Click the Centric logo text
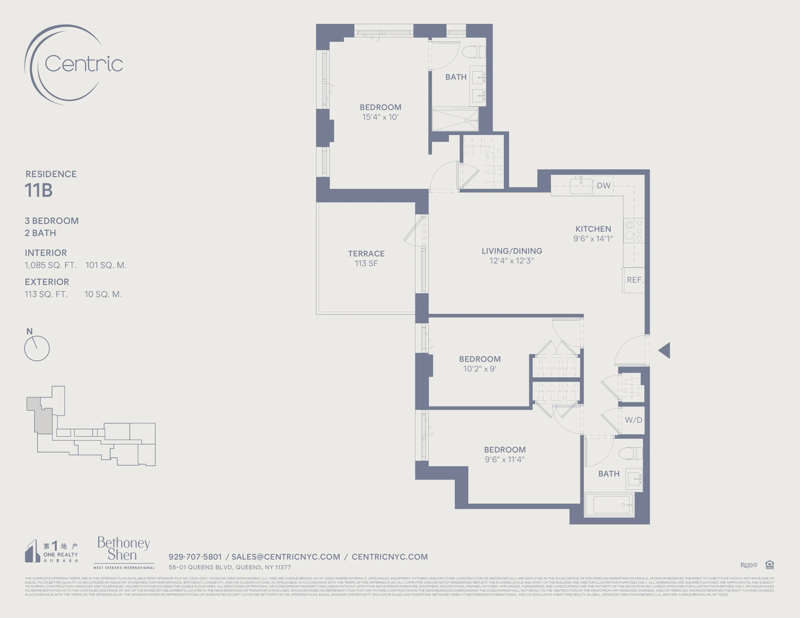pos(84,64)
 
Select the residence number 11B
pos(39,190)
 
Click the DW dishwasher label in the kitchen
pos(603,186)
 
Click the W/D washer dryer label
pos(633,420)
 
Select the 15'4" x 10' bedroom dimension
pos(380,117)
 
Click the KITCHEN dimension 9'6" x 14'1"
pos(593,239)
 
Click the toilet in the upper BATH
pos(474,52)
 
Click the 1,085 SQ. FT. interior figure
pos(51,265)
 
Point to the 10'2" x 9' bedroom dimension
pos(480,369)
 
